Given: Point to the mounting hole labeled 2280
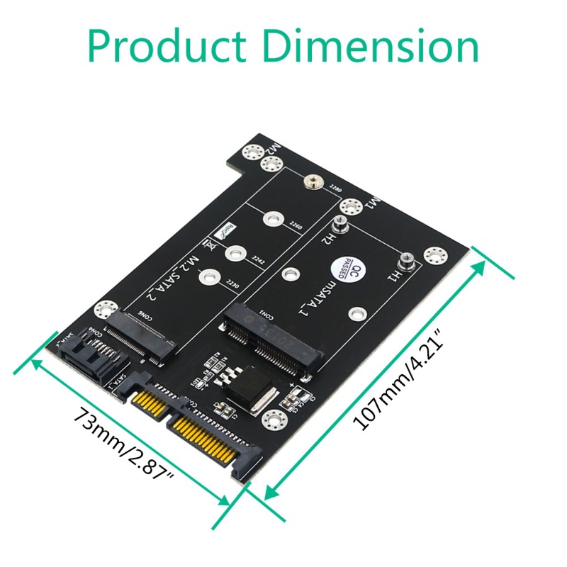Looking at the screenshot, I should [310, 184].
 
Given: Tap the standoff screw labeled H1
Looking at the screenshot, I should [406, 261].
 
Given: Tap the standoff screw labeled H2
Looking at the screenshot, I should [341, 225].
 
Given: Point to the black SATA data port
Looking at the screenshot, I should [90, 354].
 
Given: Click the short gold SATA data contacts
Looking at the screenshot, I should [149, 403].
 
